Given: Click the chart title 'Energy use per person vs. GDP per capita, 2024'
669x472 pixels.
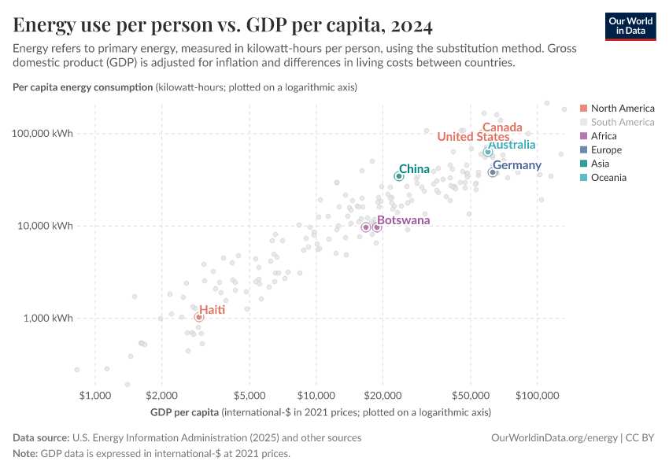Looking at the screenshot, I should click(223, 26).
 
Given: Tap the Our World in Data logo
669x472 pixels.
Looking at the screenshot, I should click(630, 26).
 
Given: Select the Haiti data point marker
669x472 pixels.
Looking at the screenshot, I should click(199, 317).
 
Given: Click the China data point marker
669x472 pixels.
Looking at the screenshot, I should click(399, 176).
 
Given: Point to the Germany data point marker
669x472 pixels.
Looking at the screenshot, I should click(493, 172).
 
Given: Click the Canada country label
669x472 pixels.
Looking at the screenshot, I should click(502, 127).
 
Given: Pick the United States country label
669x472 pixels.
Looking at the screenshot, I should click(473, 137).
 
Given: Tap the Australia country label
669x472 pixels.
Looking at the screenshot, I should click(512, 145).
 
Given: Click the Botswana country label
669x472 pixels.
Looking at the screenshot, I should click(403, 220).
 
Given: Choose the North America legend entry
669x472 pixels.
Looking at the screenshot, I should click(622, 108).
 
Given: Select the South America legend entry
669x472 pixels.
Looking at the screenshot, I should click(622, 122).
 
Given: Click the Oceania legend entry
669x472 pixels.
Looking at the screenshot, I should click(608, 178).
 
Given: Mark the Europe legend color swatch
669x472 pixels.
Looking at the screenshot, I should click(583, 150).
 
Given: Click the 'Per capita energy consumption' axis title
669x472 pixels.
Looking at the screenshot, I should click(83, 87).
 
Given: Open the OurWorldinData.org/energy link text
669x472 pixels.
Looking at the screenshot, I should click(554, 437).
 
